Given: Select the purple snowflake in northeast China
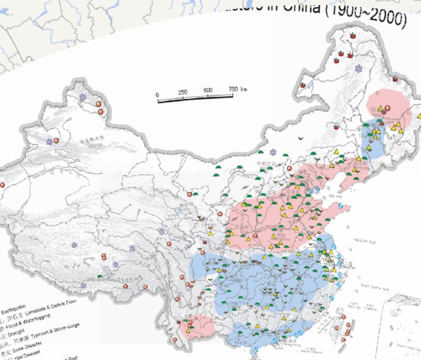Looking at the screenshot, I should click(x=358, y=69).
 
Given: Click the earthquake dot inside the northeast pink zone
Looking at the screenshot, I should click(x=388, y=108).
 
